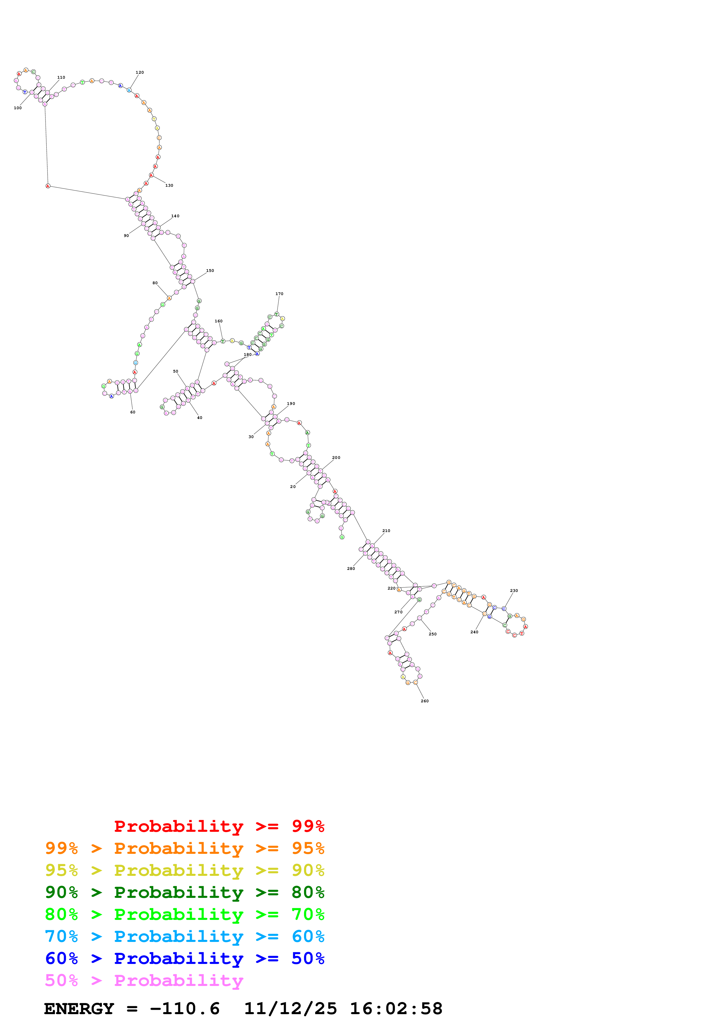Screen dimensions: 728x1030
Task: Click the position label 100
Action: pyautogui.click(x=18, y=108)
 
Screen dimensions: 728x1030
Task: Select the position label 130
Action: pyautogui.click(x=169, y=185)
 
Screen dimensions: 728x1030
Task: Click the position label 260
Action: pyautogui.click(x=424, y=701)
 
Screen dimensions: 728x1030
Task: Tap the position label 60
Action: pyautogui.click(x=133, y=412)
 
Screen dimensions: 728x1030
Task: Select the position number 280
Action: pyautogui.click(x=351, y=568)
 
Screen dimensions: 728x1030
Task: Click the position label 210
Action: pyautogui.click(x=386, y=531)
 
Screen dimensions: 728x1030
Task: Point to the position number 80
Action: pyautogui.click(x=155, y=283)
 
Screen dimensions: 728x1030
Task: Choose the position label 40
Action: pyautogui.click(x=200, y=418)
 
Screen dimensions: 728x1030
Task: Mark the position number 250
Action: pyautogui.click(x=432, y=634)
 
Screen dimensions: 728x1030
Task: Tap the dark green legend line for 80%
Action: pyautogui.click(x=184, y=892)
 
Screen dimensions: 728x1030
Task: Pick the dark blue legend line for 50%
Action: pyautogui.click(x=184, y=958)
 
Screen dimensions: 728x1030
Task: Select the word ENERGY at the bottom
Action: pyautogui.click(x=79, y=1009)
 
